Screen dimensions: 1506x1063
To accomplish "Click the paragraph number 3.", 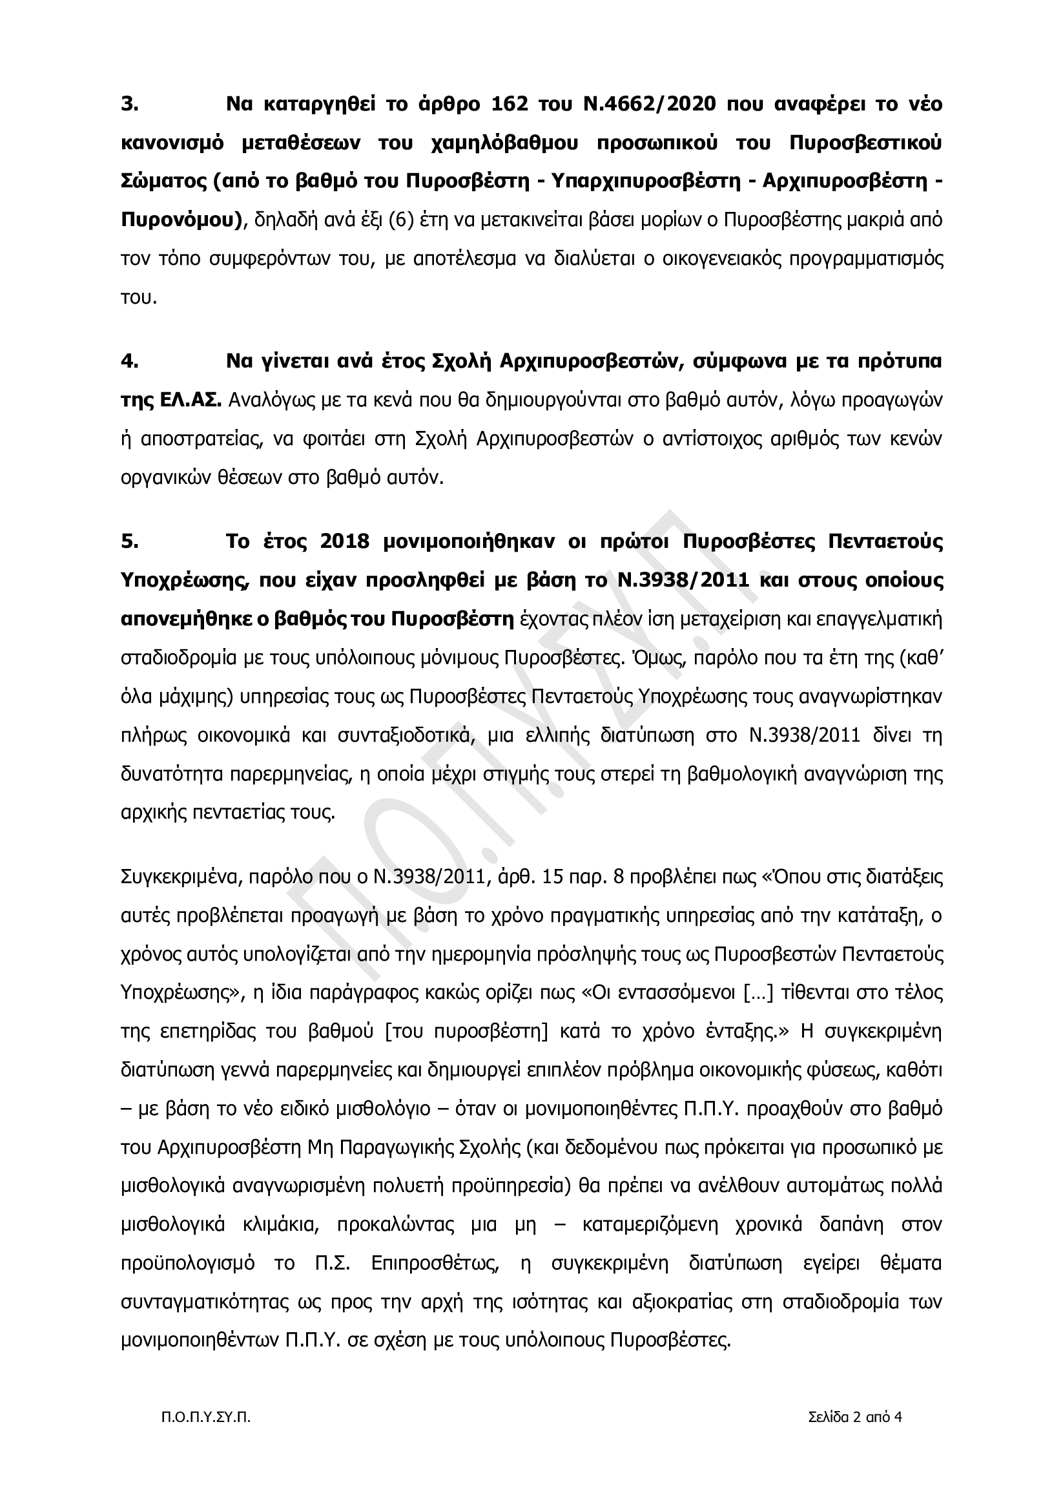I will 129,104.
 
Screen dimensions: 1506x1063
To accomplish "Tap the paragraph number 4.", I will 129,361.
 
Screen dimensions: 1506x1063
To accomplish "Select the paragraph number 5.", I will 129,542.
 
